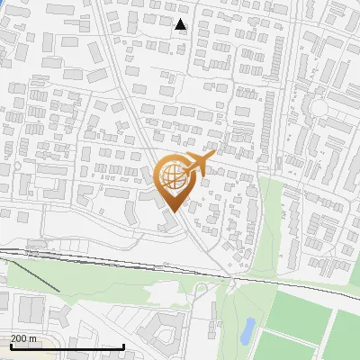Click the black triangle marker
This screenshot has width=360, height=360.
181,25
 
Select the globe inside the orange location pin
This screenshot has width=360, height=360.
173,177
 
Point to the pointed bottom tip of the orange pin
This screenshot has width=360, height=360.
173,211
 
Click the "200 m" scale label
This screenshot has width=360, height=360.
24,338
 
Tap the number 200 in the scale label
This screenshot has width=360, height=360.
20,338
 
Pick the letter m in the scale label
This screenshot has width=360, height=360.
34,338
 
